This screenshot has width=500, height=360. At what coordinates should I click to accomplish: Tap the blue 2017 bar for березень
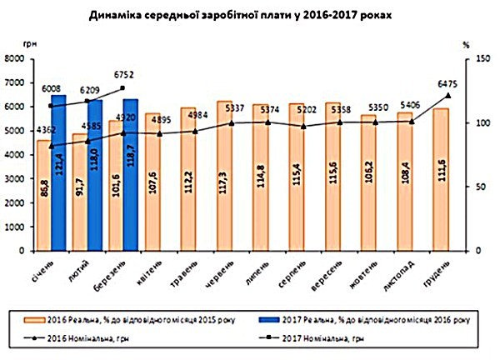click(130, 175)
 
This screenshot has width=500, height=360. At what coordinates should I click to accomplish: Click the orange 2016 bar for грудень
click(441, 179)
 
